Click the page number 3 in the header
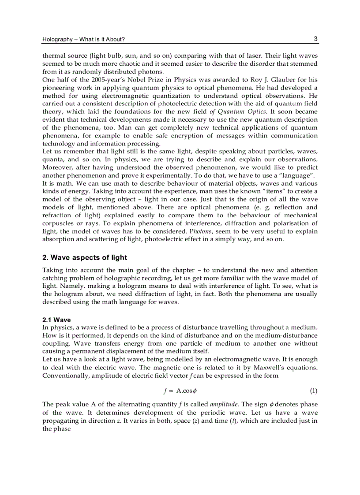(315, 39)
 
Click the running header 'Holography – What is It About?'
(83, 40)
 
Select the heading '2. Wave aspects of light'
(84, 257)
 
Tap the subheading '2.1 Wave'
(56, 320)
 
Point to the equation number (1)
(313, 391)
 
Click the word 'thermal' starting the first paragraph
(53, 56)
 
